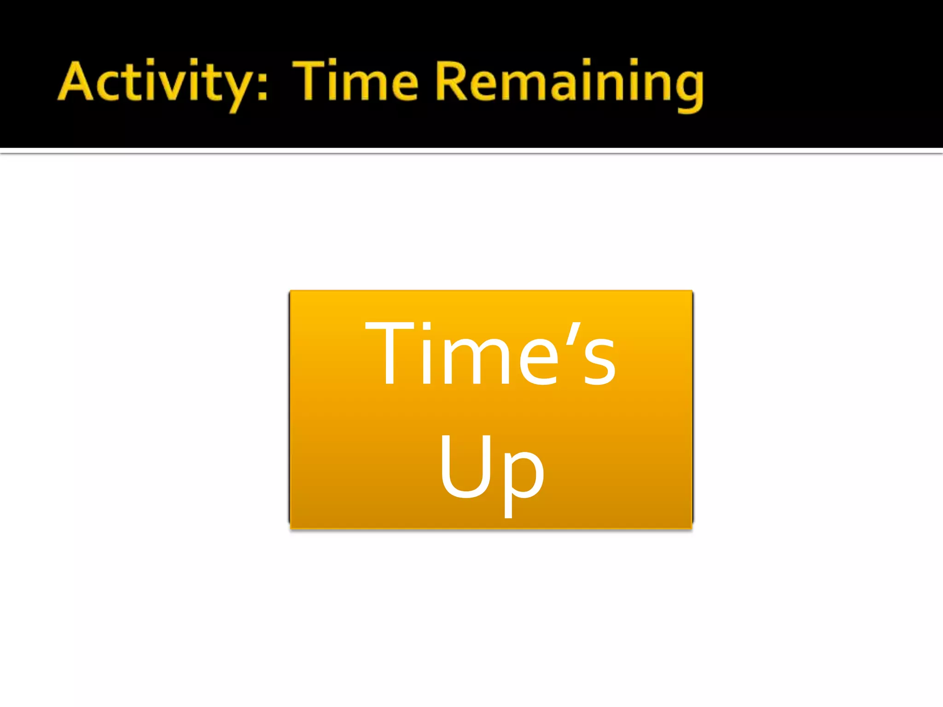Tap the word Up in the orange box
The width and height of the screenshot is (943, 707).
pyautogui.click(x=491, y=469)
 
